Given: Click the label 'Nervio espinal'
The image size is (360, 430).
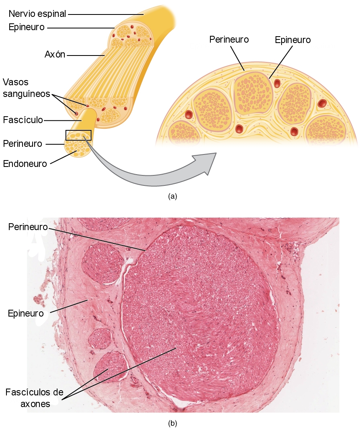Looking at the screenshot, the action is click(x=37, y=14).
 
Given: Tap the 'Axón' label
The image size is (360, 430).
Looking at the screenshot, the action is click(x=55, y=55).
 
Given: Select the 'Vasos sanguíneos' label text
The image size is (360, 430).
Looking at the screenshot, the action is click(x=26, y=88).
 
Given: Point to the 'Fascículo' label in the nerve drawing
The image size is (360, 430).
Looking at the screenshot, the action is click(x=23, y=120).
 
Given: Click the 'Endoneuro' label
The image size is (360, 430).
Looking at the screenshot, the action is click(x=25, y=164).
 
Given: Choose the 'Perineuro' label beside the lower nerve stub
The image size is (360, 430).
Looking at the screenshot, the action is click(x=23, y=144).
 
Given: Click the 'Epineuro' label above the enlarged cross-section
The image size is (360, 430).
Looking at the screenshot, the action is click(x=293, y=40).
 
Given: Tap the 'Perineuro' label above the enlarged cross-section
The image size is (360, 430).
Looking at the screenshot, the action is click(x=229, y=39).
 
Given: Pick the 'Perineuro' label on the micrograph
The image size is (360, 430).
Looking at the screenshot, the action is click(x=28, y=227).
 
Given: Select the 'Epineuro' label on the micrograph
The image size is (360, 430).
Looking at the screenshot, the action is click(x=26, y=313).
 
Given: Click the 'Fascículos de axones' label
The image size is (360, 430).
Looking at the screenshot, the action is click(x=35, y=398).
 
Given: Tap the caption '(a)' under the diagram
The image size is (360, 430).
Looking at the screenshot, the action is click(x=173, y=196).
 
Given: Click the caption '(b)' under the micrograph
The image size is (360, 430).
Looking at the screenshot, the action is click(x=173, y=424).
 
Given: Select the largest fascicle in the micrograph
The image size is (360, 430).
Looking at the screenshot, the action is click(x=200, y=313).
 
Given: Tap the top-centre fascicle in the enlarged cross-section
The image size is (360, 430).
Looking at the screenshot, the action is click(x=253, y=93).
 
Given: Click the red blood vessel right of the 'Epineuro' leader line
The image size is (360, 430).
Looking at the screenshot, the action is click(x=277, y=83).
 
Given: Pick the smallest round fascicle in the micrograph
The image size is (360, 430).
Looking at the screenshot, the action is click(x=101, y=339).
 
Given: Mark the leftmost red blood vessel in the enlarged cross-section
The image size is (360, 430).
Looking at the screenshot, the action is click(x=189, y=114).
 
